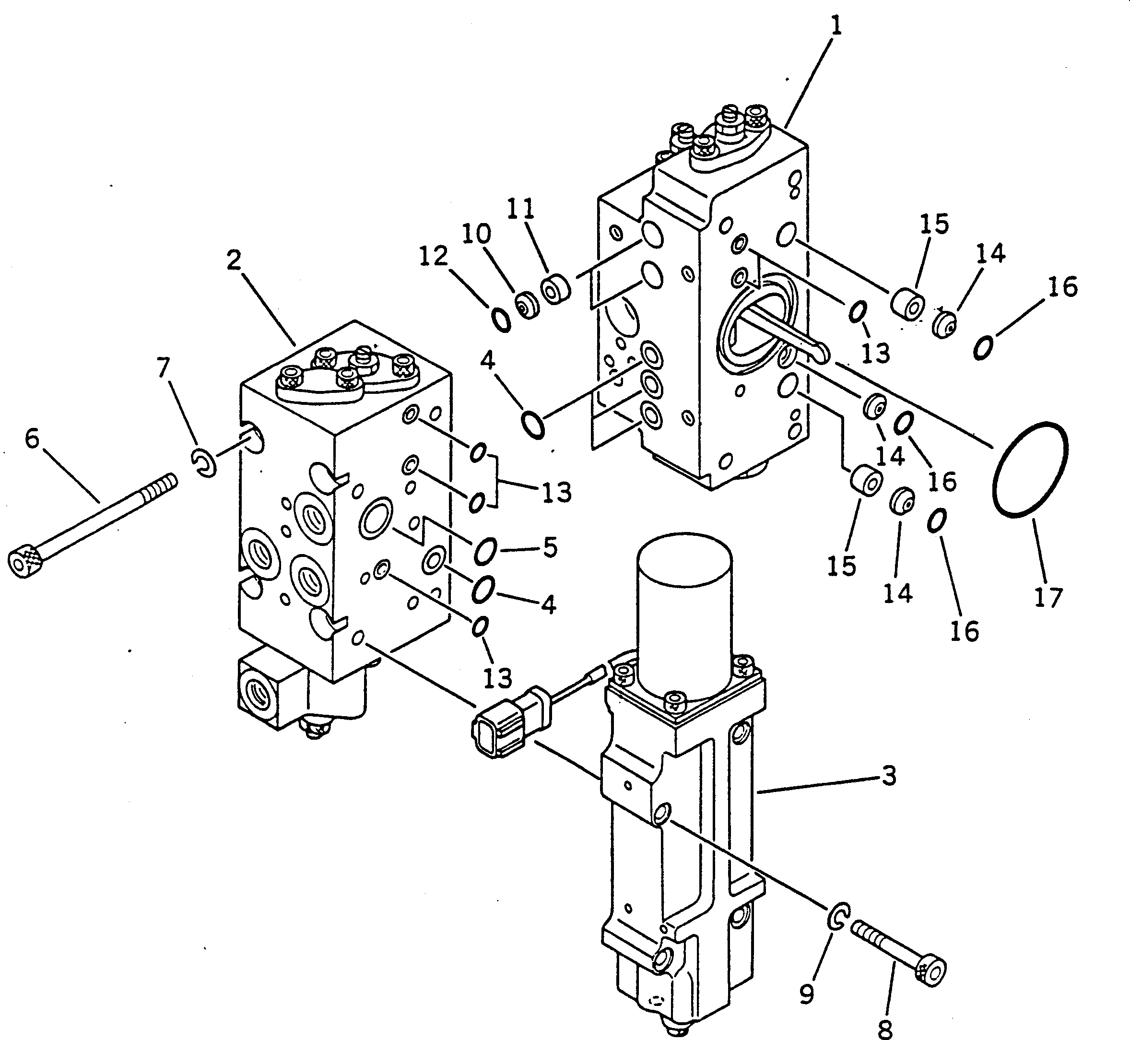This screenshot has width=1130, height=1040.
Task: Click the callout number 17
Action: (x=1048, y=597)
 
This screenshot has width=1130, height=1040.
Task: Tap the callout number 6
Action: (x=33, y=439)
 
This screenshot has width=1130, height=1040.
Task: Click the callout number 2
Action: (x=234, y=260)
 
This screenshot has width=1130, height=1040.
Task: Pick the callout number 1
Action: (x=836, y=26)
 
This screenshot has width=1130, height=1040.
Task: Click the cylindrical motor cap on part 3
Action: (x=684, y=597)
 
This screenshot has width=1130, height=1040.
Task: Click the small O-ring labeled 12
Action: (x=501, y=321)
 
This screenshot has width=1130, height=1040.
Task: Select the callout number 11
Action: (x=520, y=209)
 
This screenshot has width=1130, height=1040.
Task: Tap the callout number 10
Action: (x=476, y=233)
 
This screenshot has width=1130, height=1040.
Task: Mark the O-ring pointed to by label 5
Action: (x=485, y=551)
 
